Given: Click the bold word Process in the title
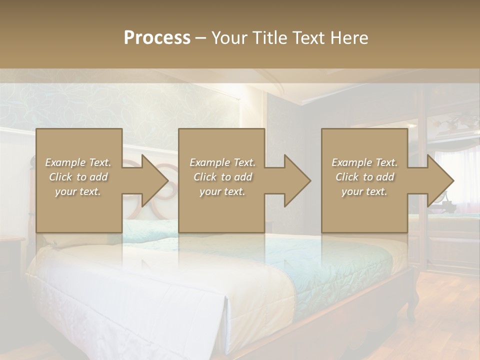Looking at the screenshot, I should pos(157,38).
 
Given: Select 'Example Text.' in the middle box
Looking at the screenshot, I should pos(222,162).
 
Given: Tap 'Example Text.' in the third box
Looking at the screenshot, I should pos(364,162).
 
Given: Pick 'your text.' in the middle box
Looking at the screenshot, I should pos(222,191).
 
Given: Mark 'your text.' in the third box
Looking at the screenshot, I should pos(364,191).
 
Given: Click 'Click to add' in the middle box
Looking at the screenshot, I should pos(222,177).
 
